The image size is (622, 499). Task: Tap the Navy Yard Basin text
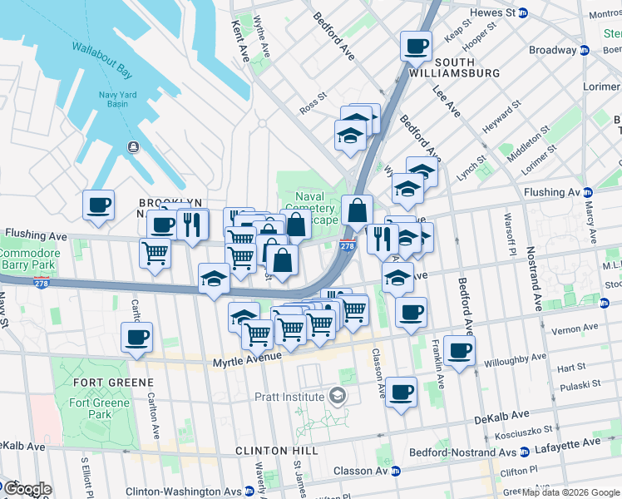click(x=117, y=101)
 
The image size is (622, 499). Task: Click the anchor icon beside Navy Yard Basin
click(x=132, y=147)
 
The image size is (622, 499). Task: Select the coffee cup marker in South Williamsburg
click(x=417, y=46)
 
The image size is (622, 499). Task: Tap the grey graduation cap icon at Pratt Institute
click(x=337, y=394)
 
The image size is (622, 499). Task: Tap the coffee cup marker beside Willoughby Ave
click(x=459, y=349)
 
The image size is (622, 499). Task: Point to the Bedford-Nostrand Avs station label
click(x=464, y=453)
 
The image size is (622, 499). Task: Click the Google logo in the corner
click(x=27, y=489)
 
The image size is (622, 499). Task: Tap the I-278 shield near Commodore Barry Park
click(x=42, y=284)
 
